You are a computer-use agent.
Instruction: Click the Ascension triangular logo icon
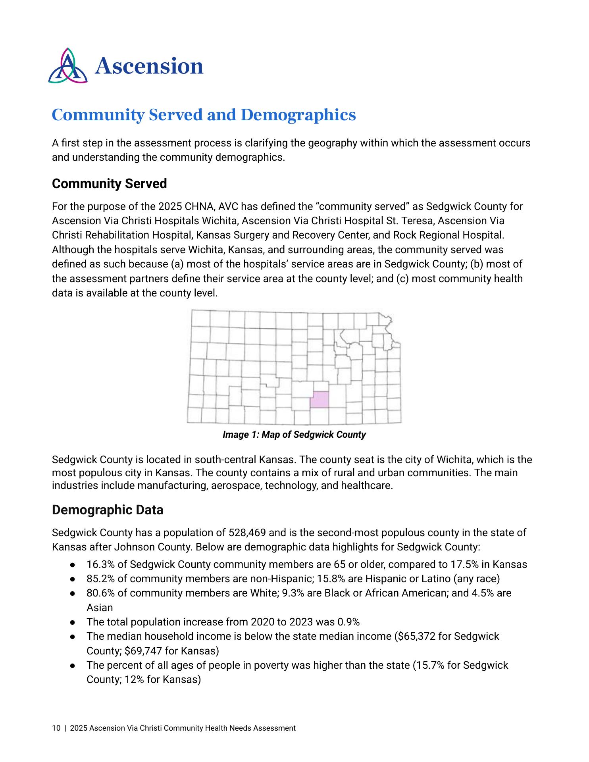pyautogui.click(x=67, y=66)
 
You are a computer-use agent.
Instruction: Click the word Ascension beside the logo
pyautogui.click(x=149, y=66)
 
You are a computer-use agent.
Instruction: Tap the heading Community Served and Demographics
pyautogui.click(x=204, y=115)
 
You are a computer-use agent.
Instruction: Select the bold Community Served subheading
pyautogui.click(x=109, y=184)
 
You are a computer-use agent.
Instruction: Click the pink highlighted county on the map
pyautogui.click(x=320, y=399)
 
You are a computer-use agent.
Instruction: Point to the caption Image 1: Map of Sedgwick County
pyautogui.click(x=294, y=435)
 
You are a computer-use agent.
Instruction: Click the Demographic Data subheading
pyautogui.click(x=108, y=510)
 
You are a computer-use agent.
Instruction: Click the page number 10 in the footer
pyautogui.click(x=56, y=728)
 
